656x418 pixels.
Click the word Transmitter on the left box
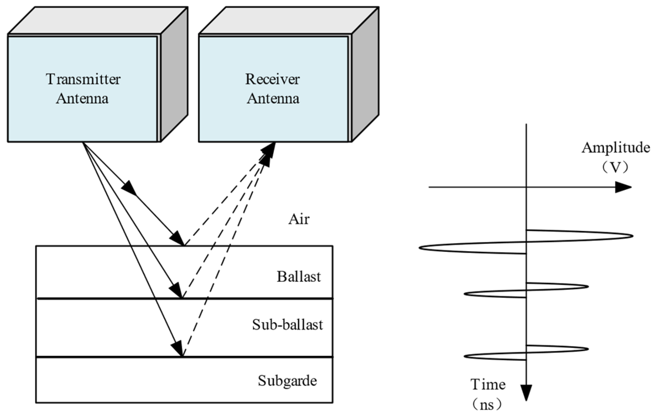click(83, 79)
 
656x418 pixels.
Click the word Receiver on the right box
click(272, 79)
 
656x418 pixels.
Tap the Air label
click(299, 219)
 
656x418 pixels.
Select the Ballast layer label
click(299, 277)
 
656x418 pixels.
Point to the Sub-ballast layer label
click(287, 325)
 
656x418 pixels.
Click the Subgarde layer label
click(287, 381)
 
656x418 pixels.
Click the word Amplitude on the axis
click(615, 148)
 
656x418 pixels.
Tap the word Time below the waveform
click(488, 385)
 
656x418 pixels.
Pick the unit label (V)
click(615, 168)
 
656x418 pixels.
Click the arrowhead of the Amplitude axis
click(624, 187)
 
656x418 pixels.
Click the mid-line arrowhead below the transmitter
click(129, 188)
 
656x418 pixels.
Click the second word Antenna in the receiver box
click(273, 99)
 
